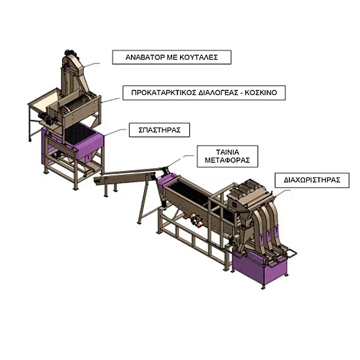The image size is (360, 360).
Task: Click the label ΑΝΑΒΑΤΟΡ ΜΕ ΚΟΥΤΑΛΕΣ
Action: pos(171,57)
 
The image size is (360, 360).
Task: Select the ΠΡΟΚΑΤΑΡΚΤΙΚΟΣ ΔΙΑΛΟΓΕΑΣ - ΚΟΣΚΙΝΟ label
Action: pos(204,93)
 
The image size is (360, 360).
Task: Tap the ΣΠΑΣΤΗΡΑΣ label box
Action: pos(159,130)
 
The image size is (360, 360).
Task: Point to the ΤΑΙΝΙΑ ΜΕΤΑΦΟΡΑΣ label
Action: pos(227,156)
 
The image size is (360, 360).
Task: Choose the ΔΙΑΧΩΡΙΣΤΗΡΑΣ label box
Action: pos(312,180)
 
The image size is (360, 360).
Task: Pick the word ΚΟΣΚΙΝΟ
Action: pos(261,93)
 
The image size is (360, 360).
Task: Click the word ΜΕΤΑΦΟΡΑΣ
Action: pos(227,160)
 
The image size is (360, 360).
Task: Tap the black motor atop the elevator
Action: pos(69,53)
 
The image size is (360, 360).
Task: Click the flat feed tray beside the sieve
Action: pos(44,100)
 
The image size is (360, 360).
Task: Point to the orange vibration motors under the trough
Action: pos(196,220)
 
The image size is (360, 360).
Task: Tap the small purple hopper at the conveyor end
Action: pos(167,180)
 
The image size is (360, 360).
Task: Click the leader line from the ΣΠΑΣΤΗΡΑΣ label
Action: pos(115,132)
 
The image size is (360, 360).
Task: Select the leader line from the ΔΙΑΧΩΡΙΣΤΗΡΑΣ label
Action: pos(281,193)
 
